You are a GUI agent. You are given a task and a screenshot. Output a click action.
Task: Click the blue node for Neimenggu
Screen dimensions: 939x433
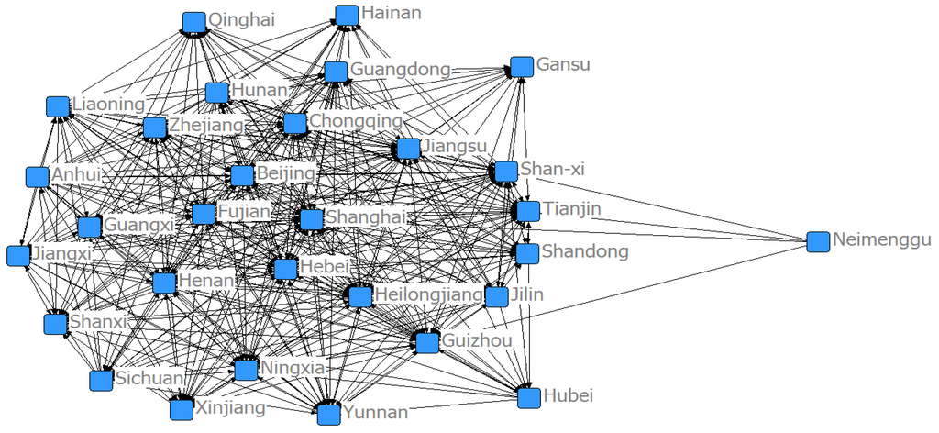click(818, 241)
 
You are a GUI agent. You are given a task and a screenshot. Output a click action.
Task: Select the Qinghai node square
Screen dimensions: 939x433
click(193, 22)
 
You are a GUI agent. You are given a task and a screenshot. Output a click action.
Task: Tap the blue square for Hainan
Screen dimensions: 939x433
click(347, 15)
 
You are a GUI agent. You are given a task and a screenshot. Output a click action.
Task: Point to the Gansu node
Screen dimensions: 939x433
click(522, 67)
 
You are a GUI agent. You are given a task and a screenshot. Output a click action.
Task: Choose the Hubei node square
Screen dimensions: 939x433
click(528, 397)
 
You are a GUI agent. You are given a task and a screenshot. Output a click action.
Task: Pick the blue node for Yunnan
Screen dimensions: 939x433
click(328, 414)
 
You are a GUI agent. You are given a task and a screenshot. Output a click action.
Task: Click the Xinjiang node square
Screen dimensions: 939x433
click(182, 408)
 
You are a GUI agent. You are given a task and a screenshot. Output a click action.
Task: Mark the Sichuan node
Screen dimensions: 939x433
click(100, 380)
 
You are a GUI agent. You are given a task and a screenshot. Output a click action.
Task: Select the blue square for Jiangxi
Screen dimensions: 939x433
click(17, 256)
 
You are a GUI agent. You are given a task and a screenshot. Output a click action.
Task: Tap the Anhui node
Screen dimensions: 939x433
click(38, 177)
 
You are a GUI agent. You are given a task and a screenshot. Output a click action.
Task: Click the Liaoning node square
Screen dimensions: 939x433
click(58, 106)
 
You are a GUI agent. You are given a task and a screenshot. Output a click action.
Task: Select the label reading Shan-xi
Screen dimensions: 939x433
click(552, 170)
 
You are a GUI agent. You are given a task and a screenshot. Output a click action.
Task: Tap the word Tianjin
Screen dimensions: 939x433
click(571, 210)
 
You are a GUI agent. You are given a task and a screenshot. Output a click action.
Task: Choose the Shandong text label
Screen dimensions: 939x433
click(585, 251)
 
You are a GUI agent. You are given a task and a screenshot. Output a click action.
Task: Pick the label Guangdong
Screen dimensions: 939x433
click(400, 70)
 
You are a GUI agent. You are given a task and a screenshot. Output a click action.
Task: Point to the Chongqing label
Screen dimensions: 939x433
click(356, 121)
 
